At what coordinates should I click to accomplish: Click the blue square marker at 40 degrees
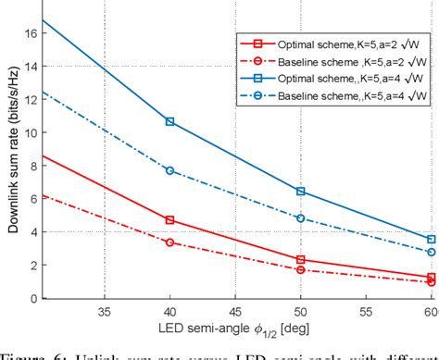tap(169, 122)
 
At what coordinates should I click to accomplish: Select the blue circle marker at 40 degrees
tap(169, 170)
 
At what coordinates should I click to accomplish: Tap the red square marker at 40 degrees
tap(169, 220)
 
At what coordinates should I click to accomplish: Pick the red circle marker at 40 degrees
tap(169, 242)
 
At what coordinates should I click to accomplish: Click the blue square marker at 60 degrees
tap(431, 240)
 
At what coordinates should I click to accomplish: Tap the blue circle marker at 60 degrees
tap(431, 252)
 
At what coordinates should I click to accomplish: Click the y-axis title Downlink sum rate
tap(10, 153)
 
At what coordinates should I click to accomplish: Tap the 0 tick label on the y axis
tap(31, 298)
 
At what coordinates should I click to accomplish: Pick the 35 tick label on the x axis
tap(105, 313)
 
